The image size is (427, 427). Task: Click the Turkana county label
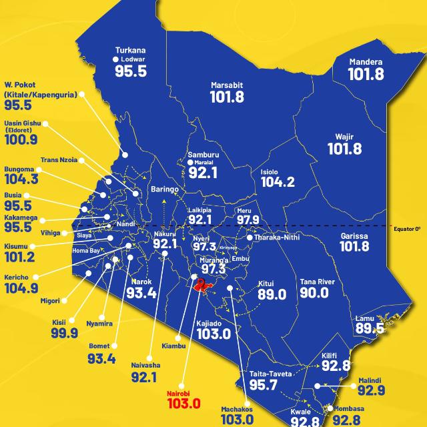click(x=130, y=50)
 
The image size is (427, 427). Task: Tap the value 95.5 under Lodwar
click(x=130, y=71)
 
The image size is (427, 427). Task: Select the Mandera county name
click(x=366, y=62)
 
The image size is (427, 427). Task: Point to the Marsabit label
click(x=227, y=85)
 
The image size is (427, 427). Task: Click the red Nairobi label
click(x=182, y=394)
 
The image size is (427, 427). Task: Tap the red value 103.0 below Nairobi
click(x=183, y=404)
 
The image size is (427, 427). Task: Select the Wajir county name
click(x=344, y=137)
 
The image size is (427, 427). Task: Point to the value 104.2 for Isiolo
click(x=278, y=181)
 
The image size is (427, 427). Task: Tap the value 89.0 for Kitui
click(x=271, y=294)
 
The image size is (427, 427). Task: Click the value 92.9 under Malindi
click(x=371, y=390)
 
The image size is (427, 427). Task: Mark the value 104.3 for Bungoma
click(x=21, y=179)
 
